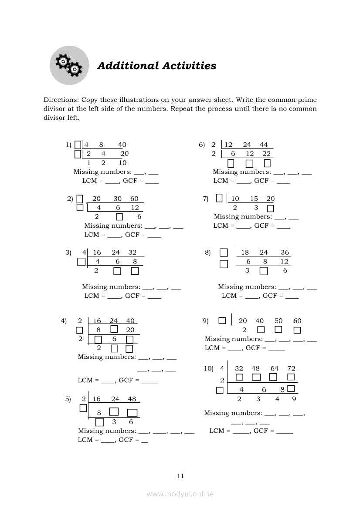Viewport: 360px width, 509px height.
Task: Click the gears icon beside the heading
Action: point(69,65)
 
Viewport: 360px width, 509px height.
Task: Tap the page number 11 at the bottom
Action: point(180,476)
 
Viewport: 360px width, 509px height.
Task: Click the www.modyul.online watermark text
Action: point(180,494)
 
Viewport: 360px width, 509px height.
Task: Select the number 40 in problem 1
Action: point(122,145)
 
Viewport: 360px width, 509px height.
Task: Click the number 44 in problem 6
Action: point(264,145)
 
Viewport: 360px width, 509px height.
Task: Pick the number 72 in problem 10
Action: point(291,368)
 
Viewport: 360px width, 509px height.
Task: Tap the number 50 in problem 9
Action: point(278,321)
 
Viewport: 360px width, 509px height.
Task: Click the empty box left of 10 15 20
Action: point(219,198)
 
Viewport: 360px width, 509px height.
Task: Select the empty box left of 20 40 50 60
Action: point(222,320)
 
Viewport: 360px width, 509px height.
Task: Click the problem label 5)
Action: point(68,399)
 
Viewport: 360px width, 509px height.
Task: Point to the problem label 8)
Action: point(207,253)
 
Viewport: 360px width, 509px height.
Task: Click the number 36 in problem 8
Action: point(285,253)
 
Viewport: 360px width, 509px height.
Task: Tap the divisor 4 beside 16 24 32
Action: point(84,253)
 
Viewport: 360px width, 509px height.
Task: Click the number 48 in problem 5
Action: point(132,399)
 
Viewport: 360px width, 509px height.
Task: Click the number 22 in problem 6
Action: point(266,154)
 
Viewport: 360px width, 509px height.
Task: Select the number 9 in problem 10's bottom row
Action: point(294,399)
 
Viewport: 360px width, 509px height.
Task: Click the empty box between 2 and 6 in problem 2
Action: point(119,217)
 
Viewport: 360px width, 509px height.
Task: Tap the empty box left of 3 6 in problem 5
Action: point(99,422)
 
